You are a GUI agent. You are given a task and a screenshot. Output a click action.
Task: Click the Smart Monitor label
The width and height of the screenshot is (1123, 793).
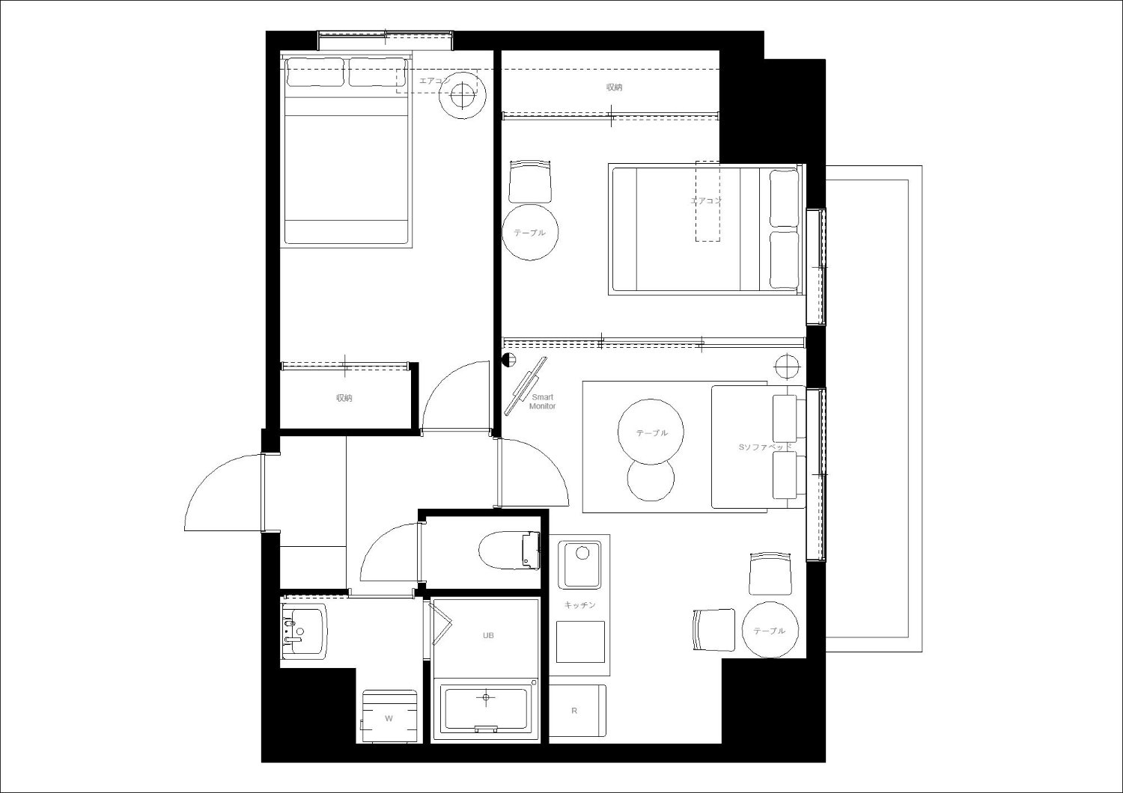[543, 402]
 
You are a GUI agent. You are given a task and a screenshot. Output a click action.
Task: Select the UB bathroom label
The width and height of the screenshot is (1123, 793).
[488, 635]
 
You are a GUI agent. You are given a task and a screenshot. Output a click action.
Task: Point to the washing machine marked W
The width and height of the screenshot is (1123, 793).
[389, 717]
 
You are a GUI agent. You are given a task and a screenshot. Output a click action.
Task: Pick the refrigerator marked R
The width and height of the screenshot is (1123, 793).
[577, 711]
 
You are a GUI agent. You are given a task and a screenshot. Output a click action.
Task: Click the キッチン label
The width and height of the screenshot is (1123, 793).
[580, 605]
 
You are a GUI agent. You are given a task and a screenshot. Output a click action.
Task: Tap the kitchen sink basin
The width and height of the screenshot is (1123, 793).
[582, 564]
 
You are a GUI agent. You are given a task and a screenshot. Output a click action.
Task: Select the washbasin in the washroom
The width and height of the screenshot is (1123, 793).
[304, 631]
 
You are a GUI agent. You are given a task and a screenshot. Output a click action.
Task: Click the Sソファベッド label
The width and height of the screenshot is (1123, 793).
[765, 447]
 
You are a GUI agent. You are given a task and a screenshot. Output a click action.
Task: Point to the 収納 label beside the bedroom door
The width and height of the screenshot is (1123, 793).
[344, 398]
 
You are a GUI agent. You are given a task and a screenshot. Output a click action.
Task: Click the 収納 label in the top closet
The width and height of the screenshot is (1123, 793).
[614, 88]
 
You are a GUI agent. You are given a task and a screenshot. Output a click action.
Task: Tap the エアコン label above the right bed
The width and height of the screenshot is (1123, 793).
[707, 200]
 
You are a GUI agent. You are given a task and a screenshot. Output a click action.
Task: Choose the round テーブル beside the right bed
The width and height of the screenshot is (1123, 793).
[530, 232]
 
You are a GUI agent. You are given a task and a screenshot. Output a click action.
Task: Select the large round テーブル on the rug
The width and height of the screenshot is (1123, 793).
[651, 432]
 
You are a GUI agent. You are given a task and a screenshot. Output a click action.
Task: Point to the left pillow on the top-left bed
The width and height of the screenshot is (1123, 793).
[315, 73]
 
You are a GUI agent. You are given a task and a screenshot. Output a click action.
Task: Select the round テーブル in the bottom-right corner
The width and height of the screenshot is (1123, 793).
[770, 630]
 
